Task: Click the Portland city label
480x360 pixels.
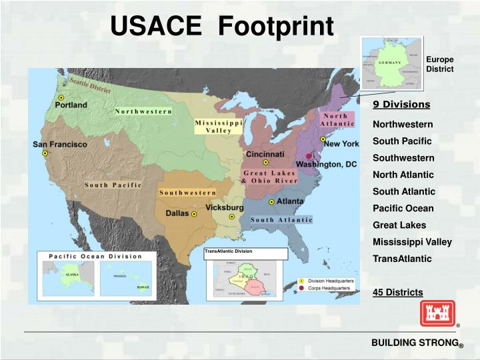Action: [71, 105]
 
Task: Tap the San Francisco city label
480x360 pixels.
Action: [60, 145]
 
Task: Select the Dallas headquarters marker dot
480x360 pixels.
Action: [194, 215]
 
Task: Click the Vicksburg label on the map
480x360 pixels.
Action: [224, 208]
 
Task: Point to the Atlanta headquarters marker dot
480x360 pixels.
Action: [271, 201]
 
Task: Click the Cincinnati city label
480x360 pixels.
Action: [265, 154]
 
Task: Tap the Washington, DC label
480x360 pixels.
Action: [327, 164]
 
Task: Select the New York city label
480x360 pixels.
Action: [341, 143]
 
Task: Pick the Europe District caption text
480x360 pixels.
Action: [439, 64]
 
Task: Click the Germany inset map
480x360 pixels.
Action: [391, 63]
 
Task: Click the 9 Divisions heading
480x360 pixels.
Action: [401, 105]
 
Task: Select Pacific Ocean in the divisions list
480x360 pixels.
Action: [403, 208]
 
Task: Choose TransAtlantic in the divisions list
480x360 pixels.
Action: [402, 259]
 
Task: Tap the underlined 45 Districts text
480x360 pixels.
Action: [397, 293]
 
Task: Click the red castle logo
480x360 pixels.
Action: [437, 313]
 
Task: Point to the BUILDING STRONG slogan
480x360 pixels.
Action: [414, 343]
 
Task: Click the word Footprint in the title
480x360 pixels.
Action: [276, 26]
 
